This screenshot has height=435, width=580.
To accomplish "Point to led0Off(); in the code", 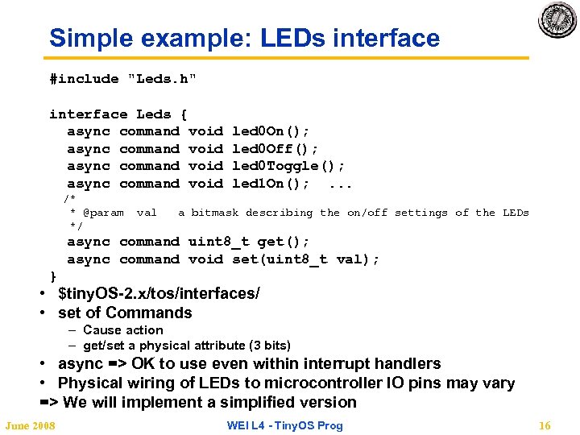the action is [275, 149].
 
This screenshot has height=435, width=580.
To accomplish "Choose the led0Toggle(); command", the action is [288, 166].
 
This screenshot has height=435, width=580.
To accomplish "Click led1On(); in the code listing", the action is [271, 184].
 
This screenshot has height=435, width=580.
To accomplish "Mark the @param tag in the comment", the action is [103, 213].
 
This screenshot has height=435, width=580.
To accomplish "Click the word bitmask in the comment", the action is [215, 213].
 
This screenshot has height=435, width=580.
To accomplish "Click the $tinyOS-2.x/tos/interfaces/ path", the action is [159, 294].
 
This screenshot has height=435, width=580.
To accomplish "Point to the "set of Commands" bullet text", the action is [125, 313].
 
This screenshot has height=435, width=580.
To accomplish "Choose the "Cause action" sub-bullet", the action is [122, 329].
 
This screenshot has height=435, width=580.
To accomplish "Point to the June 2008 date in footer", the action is [30, 425].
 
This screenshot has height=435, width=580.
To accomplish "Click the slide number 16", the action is [545, 425].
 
